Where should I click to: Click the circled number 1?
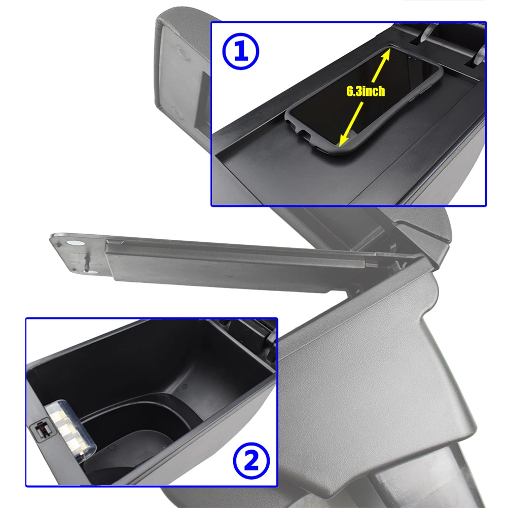(x=241, y=51)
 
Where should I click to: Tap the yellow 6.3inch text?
(x=366, y=91)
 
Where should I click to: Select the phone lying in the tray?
(x=364, y=100)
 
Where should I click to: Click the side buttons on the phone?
(x=420, y=94)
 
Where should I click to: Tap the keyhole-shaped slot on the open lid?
(x=87, y=263)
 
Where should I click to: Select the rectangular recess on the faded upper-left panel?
(x=203, y=100)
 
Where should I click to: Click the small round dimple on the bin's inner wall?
(x=185, y=386)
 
